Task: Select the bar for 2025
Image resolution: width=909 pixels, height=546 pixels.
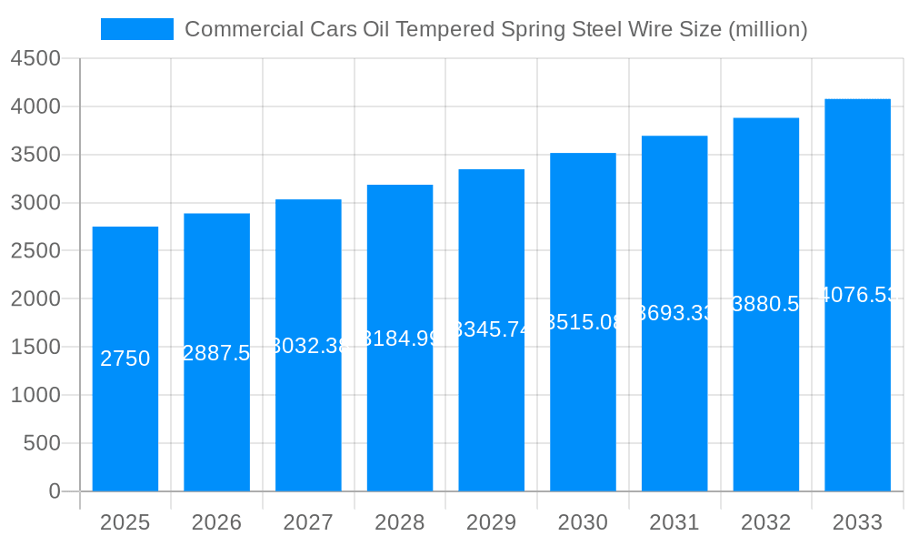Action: [x=125, y=419]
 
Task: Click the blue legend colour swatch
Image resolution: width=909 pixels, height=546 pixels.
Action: [x=136, y=29]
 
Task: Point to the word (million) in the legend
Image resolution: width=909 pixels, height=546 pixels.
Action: [x=767, y=29]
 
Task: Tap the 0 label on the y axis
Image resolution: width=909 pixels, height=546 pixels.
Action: [x=55, y=491]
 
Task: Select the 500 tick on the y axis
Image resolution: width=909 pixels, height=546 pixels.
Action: [x=41, y=444]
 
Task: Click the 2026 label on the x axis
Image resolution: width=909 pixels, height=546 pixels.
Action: [x=216, y=522]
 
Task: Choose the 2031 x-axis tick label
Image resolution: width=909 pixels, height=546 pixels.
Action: [x=674, y=522]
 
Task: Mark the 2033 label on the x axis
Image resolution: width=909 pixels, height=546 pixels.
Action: [x=857, y=522]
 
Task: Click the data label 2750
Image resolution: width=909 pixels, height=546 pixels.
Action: [x=125, y=359]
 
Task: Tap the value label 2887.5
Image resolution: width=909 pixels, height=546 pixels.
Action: [x=216, y=353]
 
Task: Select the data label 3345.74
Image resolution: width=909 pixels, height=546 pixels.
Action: [x=492, y=329]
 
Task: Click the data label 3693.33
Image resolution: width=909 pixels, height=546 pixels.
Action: [x=674, y=313]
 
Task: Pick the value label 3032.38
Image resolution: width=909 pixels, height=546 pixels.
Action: [x=309, y=346]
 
